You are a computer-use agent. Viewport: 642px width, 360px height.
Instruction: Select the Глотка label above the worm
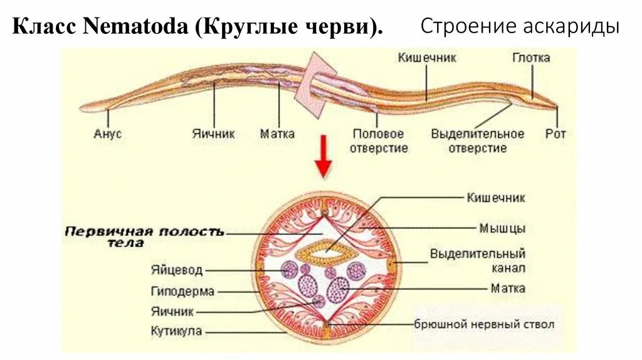(531, 58)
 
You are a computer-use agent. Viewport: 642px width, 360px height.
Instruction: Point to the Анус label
(107, 134)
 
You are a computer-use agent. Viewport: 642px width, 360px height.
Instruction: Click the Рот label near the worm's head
(555, 134)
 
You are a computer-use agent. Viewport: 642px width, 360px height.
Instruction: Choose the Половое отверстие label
(379, 141)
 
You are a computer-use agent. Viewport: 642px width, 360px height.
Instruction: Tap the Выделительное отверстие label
(478, 141)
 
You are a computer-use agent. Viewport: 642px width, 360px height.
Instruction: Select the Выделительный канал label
(477, 261)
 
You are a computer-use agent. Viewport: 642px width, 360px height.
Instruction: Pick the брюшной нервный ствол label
(484, 325)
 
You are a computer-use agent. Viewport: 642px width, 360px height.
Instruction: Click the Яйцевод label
(177, 270)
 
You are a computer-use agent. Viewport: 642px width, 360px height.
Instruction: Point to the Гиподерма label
(182, 291)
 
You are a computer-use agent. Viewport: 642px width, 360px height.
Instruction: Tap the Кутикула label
(177, 331)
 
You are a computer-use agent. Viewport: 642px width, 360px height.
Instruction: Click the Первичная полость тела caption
(144, 236)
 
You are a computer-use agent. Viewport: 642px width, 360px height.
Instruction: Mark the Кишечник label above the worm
(427, 58)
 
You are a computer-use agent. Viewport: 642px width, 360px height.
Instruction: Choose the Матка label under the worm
(277, 134)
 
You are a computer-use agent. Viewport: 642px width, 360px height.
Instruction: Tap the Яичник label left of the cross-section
(172, 311)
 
